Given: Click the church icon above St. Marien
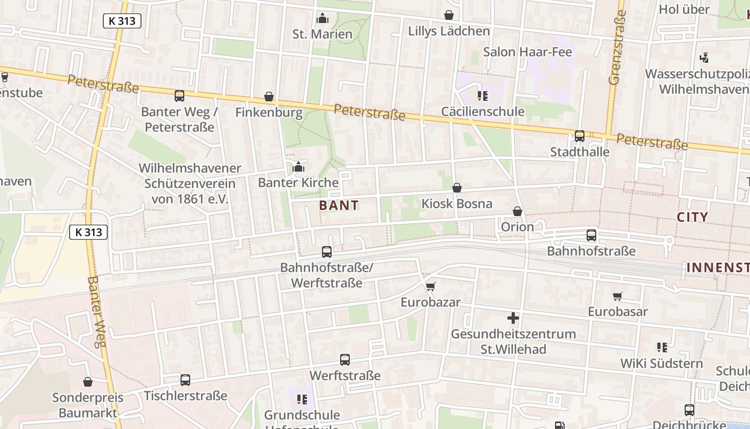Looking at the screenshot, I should coord(322,19).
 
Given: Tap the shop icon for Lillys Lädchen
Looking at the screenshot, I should coord(448,16).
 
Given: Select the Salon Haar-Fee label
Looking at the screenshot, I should coord(527,52).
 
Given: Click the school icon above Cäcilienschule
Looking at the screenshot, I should coord(482,96).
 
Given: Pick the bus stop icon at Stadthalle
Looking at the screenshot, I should coord(580,136).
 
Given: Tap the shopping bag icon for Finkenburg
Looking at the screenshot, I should coord(269,97).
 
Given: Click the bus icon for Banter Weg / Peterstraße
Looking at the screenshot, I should coord(179,96).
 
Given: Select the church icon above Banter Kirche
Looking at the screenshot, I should coord(298,167).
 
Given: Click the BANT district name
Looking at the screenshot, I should coord(339,205).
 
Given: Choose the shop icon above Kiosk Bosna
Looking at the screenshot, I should coord(456,188).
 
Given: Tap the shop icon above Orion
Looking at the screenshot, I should coord(517,212).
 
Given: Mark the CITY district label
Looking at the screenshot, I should coord(692,217).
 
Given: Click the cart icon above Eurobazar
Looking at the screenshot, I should coord(431,287).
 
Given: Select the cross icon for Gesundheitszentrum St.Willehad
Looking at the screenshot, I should coord(513,318).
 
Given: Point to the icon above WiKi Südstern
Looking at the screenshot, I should coord(662,347).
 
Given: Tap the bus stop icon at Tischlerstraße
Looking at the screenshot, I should coord(185,380).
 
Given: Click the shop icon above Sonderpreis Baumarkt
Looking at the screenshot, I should coord(88,382).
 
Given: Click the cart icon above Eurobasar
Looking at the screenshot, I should coord(618,296).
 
